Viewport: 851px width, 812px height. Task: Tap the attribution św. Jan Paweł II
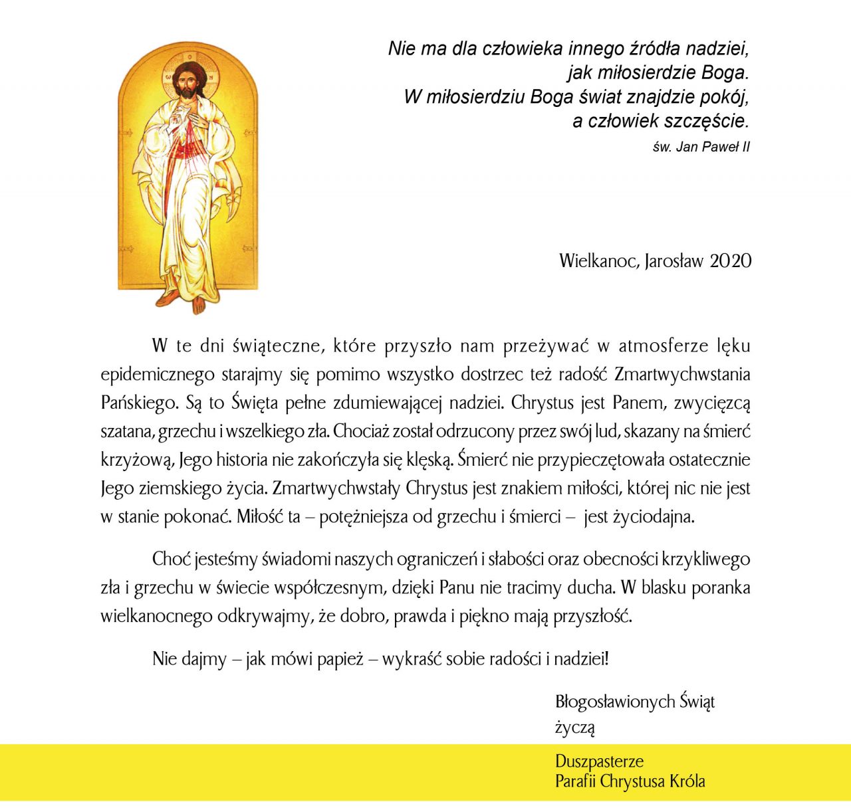point(701,147)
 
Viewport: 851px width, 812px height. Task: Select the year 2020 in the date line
point(730,260)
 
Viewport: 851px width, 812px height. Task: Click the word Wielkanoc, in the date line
point(600,260)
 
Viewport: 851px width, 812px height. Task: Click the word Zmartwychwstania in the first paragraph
point(682,374)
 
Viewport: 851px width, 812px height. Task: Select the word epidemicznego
point(158,375)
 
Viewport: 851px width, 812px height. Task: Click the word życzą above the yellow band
point(574,727)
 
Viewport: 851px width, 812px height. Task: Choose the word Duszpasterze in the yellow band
point(599,761)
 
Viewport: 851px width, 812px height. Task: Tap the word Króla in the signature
point(687,781)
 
